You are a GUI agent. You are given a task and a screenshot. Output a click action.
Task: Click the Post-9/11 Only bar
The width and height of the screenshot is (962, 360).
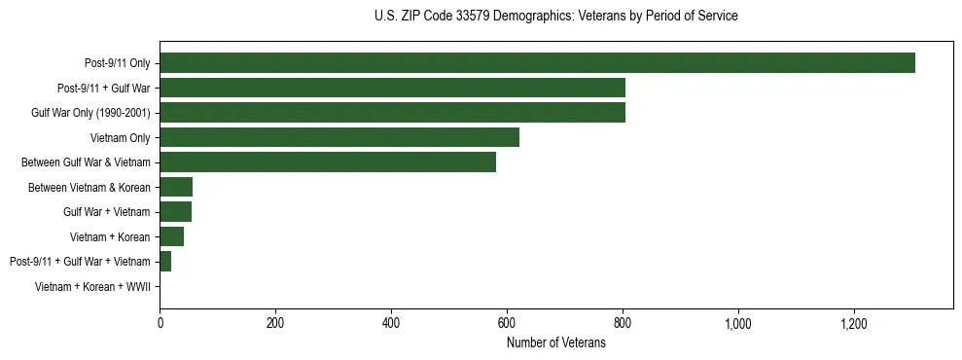coord(537,63)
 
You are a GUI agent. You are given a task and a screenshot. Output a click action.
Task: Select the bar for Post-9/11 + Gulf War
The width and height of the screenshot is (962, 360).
coord(392,88)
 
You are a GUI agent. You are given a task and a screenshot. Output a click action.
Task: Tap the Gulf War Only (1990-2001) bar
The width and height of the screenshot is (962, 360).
coord(392,113)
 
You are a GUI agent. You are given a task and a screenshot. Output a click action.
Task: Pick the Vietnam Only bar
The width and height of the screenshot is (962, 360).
coord(339,137)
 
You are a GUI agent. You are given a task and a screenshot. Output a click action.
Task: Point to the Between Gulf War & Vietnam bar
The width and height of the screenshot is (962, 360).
coord(328,162)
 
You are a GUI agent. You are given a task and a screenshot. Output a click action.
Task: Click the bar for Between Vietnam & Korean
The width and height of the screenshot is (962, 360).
coord(176,187)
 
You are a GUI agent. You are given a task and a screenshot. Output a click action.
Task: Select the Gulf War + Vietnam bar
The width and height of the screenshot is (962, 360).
coord(175,212)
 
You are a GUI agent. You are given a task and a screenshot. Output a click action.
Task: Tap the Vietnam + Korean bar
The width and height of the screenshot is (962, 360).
coord(171,236)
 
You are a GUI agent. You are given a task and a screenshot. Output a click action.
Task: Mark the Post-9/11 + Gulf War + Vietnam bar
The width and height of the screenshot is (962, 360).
coord(165,262)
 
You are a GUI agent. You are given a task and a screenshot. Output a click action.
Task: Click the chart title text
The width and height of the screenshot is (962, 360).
coord(555,17)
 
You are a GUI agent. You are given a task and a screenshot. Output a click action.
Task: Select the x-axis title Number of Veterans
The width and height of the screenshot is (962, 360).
coord(555,342)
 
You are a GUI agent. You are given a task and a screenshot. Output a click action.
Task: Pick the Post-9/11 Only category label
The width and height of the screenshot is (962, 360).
coord(117,63)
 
